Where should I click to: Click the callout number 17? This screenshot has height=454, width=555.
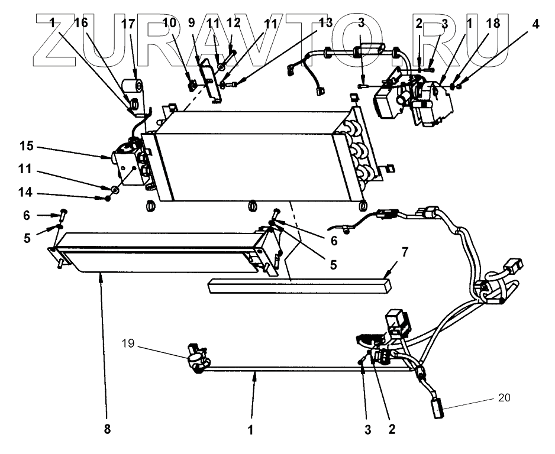(128, 24)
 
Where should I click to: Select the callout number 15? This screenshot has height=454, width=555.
(27, 145)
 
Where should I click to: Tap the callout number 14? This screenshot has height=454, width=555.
(25, 193)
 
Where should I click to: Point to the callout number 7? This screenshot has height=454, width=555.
(405, 252)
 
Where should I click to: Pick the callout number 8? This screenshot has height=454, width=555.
(107, 429)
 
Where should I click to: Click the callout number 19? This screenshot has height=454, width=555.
(128, 343)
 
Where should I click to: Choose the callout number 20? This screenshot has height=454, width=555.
(504, 398)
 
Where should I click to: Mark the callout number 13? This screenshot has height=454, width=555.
(325, 23)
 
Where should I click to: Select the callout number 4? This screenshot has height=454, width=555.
(535, 24)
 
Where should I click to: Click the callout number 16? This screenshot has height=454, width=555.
(80, 23)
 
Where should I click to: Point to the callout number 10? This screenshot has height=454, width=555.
(169, 23)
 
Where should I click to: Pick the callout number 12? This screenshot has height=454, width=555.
(234, 23)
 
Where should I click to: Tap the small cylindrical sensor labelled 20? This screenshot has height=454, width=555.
(439, 409)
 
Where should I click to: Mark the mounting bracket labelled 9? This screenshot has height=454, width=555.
(211, 80)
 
